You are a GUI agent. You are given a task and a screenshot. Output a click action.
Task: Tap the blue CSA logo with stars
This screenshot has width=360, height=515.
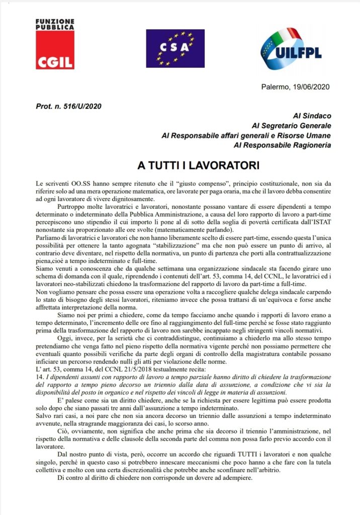click(x=175, y=48)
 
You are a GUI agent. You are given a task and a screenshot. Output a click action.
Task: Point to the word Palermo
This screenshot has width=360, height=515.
click(x=276, y=87)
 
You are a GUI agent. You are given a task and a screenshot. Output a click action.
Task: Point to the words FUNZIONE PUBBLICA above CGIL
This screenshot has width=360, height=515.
click(x=55, y=25)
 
